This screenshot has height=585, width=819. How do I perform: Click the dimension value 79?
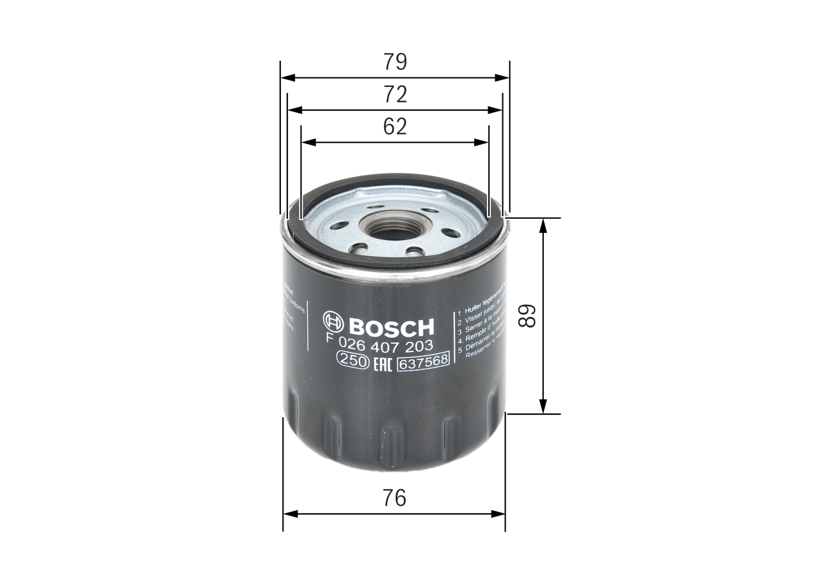(395, 62)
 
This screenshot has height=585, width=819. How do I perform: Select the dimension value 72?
(395, 95)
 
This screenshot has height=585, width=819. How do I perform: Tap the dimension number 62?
(395, 127)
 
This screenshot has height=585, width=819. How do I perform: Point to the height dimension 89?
(527, 316)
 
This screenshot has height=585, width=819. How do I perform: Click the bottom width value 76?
(395, 497)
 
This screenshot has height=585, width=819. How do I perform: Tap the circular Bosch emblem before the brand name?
(335, 325)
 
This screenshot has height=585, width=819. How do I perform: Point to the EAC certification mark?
(382, 363)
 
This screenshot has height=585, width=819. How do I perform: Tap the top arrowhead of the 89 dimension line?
(543, 224)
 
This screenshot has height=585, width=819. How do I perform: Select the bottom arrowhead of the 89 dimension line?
(543, 407)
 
